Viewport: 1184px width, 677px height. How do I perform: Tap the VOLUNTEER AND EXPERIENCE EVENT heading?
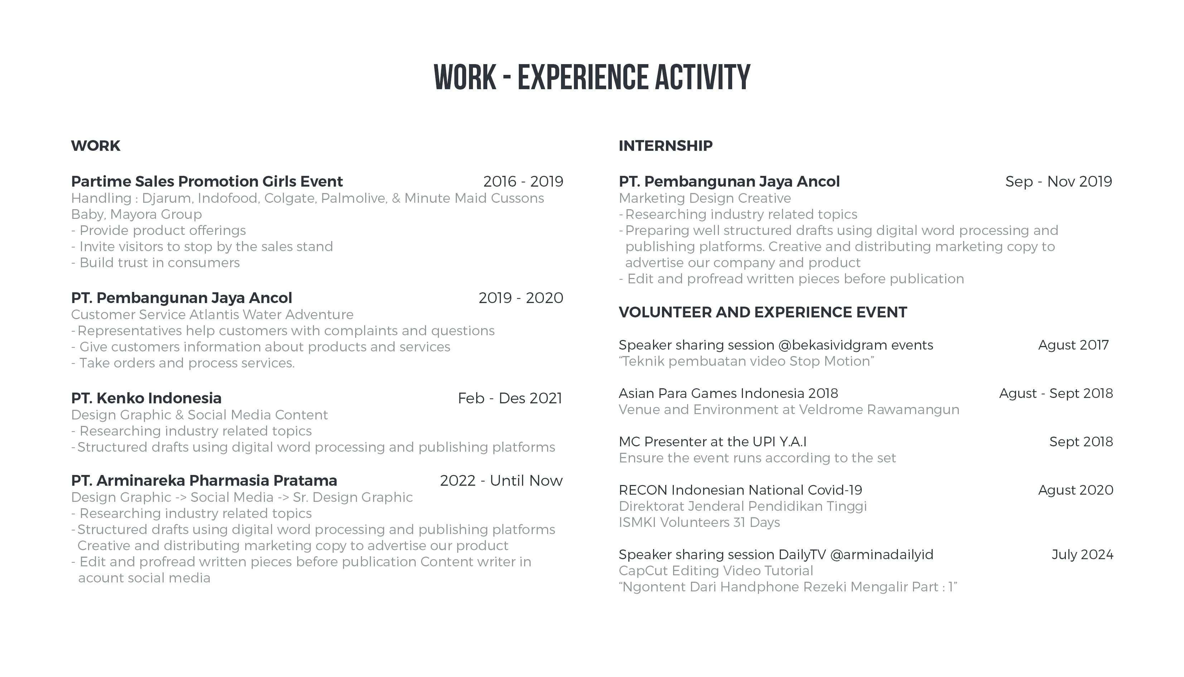[x=763, y=312]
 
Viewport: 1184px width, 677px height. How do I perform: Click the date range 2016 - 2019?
[x=523, y=181]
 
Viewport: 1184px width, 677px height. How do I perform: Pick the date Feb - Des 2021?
[x=510, y=398]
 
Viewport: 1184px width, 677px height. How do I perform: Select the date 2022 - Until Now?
[x=501, y=481]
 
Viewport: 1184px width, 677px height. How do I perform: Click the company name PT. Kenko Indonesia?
[x=146, y=398]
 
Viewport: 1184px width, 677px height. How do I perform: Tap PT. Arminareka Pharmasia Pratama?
[x=204, y=481]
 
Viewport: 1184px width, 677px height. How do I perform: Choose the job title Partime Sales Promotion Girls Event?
[x=207, y=181]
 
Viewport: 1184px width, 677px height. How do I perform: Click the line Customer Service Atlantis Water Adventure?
[x=212, y=315]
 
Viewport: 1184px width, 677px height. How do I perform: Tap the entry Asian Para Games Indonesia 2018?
[x=728, y=394]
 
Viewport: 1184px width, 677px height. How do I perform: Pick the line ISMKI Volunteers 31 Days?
[x=699, y=523]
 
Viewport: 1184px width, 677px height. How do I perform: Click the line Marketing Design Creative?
[x=705, y=198]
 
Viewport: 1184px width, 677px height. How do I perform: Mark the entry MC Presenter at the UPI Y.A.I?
[x=712, y=442]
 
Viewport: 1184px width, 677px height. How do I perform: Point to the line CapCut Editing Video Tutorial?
[x=716, y=571]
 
